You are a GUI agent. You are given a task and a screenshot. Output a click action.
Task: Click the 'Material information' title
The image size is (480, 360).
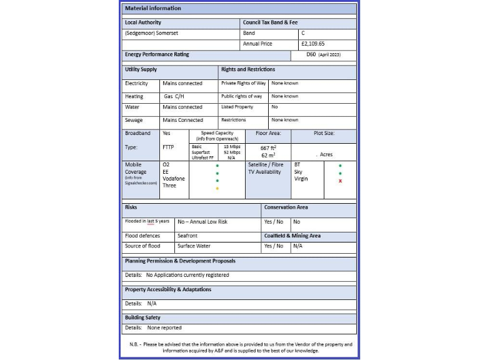(153, 8)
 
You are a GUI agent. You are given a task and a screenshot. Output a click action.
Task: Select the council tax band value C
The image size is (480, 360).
(303, 32)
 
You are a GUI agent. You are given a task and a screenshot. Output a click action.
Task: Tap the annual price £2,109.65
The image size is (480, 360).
(312, 44)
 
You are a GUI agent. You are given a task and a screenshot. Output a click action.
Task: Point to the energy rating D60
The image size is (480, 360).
(311, 55)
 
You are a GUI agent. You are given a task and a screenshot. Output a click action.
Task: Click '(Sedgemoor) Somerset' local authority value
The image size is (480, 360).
(151, 33)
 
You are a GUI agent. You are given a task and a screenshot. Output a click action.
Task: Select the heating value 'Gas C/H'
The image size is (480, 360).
(174, 97)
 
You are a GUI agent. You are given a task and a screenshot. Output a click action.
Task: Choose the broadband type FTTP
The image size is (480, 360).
(169, 147)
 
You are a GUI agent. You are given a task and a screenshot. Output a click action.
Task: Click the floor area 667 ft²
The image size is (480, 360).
(269, 148)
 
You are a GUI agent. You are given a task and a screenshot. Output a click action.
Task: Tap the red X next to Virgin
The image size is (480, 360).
(340, 181)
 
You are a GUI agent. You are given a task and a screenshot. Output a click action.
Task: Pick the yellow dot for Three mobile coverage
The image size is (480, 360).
(217, 188)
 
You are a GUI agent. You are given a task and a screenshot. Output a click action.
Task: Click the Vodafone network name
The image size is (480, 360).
(173, 179)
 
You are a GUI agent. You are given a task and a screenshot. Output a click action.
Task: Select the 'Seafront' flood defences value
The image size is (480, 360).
(187, 236)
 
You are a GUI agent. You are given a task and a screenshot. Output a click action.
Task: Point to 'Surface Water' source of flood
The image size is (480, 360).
(194, 246)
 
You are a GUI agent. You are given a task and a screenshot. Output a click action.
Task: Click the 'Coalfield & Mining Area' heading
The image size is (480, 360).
(292, 236)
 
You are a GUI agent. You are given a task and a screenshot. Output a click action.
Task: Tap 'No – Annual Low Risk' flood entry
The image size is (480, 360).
(202, 222)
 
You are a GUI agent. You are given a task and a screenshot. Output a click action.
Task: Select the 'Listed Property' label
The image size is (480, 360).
(237, 107)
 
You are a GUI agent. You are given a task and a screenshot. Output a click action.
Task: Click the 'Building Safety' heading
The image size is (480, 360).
(142, 317)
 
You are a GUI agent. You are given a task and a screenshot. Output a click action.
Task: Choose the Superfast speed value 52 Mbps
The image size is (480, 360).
(231, 152)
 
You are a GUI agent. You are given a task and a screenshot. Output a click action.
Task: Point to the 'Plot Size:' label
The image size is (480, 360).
(324, 133)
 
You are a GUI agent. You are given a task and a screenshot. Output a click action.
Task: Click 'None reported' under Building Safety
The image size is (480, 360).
(164, 327)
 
